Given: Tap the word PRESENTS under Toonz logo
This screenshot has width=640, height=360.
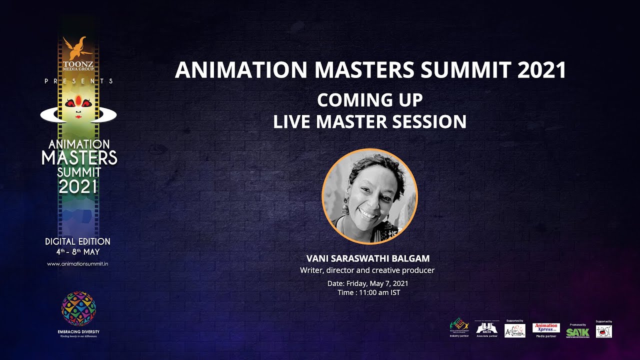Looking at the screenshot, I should [78, 81].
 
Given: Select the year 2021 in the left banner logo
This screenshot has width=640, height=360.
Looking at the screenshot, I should [78, 187].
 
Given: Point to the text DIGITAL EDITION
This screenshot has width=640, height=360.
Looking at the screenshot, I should [77, 241].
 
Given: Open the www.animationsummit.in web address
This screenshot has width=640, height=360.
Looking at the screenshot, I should [77, 263].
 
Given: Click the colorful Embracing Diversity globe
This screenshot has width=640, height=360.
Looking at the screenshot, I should [78, 308].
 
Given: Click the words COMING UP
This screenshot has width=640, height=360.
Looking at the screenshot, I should [369, 100].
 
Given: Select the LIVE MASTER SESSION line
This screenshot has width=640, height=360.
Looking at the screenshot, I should [369, 121].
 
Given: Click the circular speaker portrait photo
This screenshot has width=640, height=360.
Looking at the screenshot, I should [369, 196].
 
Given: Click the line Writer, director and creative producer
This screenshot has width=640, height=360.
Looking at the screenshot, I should [367, 270].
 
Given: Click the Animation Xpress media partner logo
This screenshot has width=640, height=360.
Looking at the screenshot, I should [546, 328].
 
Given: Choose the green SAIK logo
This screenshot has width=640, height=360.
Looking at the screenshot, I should [577, 332].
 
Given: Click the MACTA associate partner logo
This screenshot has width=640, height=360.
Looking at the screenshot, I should [486, 328].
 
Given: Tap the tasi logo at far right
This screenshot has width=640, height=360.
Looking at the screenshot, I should [603, 331].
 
